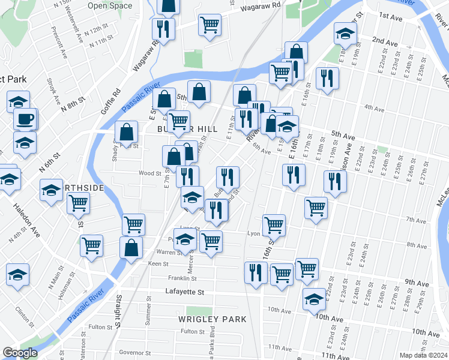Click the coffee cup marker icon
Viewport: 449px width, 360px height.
coord(25,119)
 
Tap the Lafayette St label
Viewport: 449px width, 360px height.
coord(185,292)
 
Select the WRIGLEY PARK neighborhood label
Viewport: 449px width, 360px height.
coord(212,319)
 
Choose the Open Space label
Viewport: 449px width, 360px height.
coord(110,6)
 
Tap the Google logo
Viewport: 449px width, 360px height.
coord(20,353)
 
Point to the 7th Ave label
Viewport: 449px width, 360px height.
coord(415,220)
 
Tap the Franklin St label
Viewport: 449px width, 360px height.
coord(182,278)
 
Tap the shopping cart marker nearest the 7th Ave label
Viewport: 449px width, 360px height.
coord(316,208)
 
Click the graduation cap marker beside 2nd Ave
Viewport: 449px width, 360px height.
coord(345,35)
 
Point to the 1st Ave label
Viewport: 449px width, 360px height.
coord(390,18)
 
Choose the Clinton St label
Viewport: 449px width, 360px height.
coord(22,313)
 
